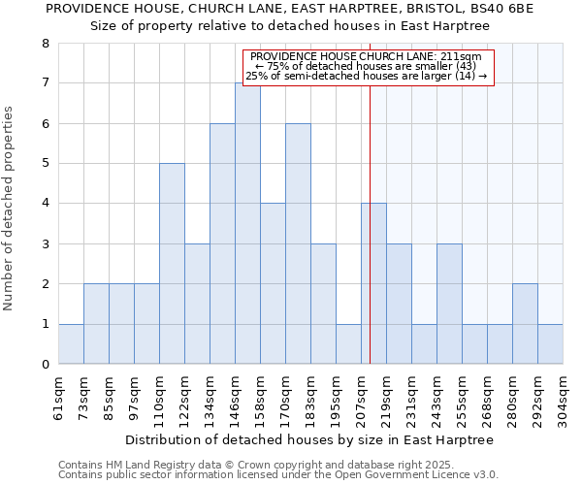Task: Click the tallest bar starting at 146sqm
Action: point(247,223)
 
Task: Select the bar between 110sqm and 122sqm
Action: point(172,264)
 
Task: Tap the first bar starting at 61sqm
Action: point(71,344)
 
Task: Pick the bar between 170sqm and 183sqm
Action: point(298,243)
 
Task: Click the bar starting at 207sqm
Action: point(373,283)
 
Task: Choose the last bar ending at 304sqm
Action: point(550,344)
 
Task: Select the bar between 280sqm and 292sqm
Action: point(525,324)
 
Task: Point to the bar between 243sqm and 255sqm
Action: point(449,304)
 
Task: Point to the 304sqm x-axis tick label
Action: point(563,397)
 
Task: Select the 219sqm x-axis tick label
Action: point(386,397)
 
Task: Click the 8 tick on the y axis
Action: point(45,44)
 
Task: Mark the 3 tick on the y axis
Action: point(45,244)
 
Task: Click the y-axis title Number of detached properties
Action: point(10,204)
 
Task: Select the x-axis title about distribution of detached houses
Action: point(310,439)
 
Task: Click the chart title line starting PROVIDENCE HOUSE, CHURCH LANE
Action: point(290,9)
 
